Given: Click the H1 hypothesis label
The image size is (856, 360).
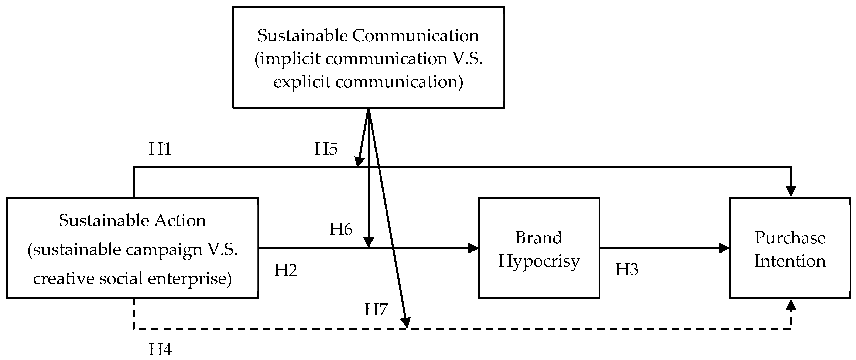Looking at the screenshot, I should point(160,149).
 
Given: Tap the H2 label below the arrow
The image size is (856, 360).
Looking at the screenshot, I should point(285,270).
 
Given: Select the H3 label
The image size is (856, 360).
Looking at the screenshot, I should point(627,270).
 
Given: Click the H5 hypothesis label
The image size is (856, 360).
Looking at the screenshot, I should point(326,149).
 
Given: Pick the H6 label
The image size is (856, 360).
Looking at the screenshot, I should point(341,229).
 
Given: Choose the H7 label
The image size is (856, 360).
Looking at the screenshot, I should point(376,309).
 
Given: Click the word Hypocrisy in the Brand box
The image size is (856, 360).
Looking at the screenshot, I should point(539,261).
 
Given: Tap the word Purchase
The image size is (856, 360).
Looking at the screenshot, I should point(790,238).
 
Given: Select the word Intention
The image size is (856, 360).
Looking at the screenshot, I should point(790,261).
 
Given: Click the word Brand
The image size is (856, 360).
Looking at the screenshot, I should point(539,238).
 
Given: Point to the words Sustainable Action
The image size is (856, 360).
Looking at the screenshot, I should point(132,221).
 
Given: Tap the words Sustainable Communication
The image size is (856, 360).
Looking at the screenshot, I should point(368,35).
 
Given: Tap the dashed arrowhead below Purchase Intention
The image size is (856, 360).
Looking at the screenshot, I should point(791,305).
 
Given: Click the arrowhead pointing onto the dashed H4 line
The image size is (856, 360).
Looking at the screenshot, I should point(406,322).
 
